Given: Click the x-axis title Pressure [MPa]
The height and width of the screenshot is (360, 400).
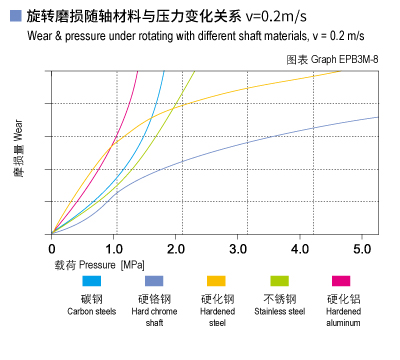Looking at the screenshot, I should pos(99,265).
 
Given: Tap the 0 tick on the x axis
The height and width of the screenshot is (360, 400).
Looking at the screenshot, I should pos(52,247).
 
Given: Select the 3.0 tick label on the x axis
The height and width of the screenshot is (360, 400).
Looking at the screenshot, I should pos(239,247).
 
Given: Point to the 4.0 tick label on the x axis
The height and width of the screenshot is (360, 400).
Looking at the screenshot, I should pos(301,247).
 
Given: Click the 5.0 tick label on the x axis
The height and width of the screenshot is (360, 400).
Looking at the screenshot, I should pos(363,247).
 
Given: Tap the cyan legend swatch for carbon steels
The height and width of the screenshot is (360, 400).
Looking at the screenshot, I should pos(92,282).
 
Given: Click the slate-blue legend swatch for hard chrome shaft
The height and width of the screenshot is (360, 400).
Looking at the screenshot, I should pos(154,282).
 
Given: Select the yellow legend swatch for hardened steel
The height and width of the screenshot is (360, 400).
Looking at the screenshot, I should pos(216,282).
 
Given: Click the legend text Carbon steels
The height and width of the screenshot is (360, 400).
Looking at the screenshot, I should pos(92,311).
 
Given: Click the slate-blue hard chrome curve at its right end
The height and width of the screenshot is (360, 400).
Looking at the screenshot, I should pos(376,118).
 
